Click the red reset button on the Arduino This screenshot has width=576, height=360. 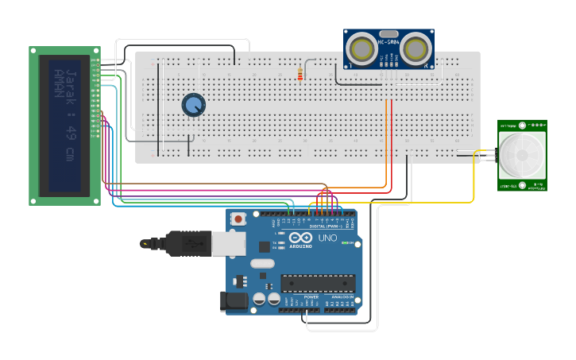[238, 218]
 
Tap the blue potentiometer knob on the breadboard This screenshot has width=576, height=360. [193, 105]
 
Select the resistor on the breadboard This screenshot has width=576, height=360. [300, 74]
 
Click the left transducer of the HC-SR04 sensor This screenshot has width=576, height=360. [363, 48]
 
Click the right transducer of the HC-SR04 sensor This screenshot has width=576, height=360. [415, 48]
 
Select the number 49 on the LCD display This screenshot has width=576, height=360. [71, 131]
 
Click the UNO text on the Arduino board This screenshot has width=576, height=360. [327, 238]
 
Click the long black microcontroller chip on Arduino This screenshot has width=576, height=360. [317, 284]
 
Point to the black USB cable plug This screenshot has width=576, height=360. [187, 243]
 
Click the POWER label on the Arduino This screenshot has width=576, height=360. [311, 296]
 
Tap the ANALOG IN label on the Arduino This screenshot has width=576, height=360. [342, 296]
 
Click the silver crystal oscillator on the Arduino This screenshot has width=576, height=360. [261, 263]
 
